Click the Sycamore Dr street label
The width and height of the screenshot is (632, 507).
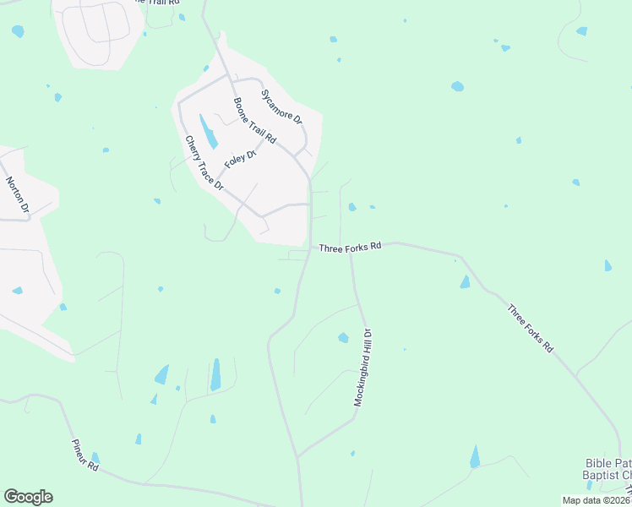[281, 106]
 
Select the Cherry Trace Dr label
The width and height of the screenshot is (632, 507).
[204, 162]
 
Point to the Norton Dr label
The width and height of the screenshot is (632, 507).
[18, 194]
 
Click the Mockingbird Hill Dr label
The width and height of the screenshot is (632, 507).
[363, 369]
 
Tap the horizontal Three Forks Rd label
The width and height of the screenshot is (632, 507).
[351, 247]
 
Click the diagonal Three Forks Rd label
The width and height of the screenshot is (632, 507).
[530, 328]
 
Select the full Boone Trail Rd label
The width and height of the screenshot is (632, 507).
[255, 120]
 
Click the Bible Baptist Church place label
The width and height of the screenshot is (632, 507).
[607, 469]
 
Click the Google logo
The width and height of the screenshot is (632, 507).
[28, 497]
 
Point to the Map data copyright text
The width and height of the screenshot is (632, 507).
[596, 500]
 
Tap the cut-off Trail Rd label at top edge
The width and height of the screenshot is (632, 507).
[161, 3]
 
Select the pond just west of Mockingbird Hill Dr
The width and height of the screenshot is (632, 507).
[343, 338]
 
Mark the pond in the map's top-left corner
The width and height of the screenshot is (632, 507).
[18, 31]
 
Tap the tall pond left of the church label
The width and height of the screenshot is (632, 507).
[475, 456]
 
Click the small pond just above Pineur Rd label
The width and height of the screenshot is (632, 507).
[95, 457]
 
